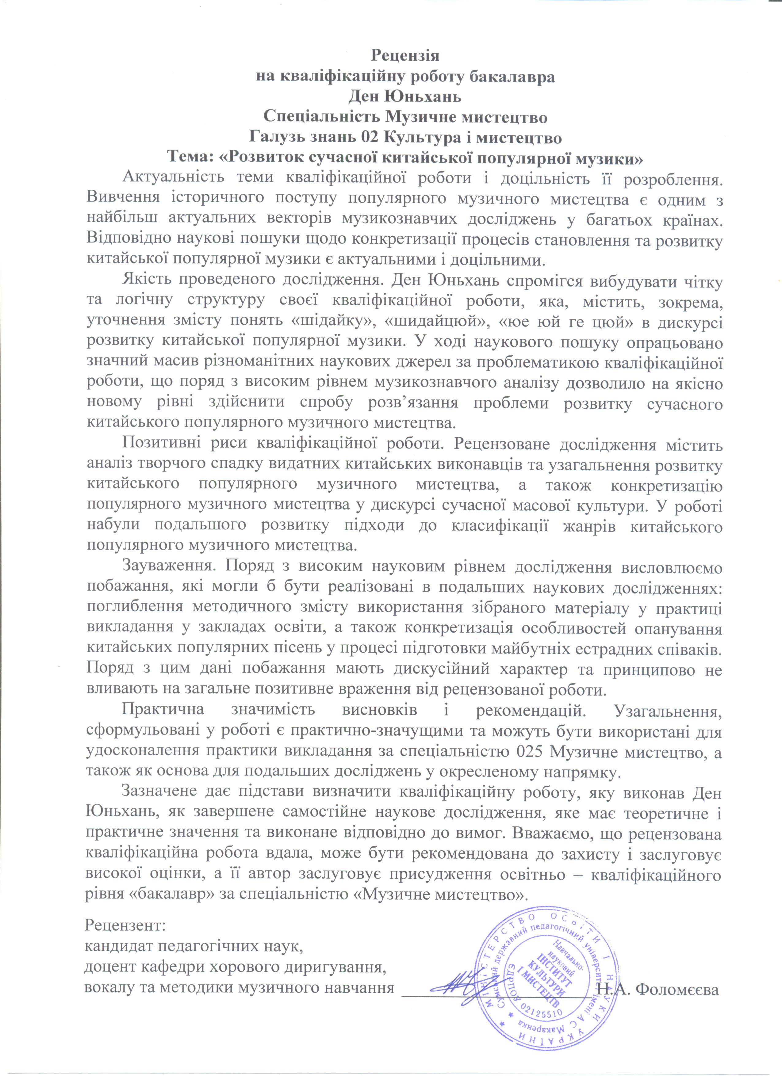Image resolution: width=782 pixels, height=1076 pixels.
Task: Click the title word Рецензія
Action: (405, 55)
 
